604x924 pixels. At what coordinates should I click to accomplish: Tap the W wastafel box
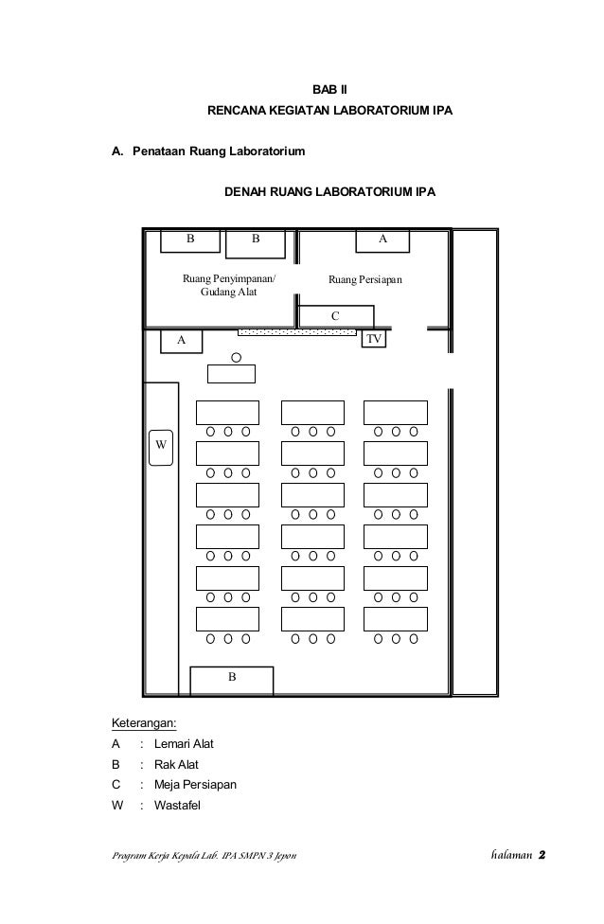coord(161,443)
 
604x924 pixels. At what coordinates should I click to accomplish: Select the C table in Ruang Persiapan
coord(334,315)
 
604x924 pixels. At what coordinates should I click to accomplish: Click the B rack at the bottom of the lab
coord(232,679)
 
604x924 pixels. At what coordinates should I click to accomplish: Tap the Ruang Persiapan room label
coord(365,280)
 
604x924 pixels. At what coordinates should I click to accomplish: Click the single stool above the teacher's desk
coord(236,357)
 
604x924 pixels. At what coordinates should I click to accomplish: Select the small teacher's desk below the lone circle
coord(232,373)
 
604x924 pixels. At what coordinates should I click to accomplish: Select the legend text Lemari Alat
coord(184,744)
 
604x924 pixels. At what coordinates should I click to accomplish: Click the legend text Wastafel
coord(179,806)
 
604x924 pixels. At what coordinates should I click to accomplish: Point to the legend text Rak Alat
coord(177,765)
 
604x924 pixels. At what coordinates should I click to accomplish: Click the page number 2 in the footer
coord(542,857)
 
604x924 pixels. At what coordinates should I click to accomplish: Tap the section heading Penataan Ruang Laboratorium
coord(219,151)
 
